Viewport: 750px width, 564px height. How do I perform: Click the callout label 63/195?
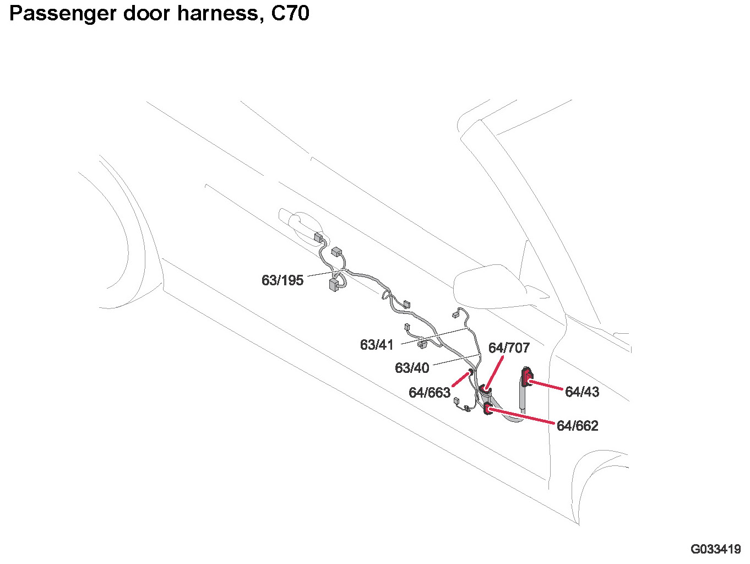(x=282, y=280)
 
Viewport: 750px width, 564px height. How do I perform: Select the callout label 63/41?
(x=377, y=345)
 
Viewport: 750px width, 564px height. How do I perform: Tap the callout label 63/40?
(x=412, y=367)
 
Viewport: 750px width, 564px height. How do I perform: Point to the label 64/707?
(x=509, y=348)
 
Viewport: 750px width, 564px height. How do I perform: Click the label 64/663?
(x=430, y=393)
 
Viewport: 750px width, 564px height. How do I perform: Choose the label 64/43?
(x=582, y=392)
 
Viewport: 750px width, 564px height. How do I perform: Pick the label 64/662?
(x=577, y=426)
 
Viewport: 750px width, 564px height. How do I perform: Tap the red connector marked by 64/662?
(x=487, y=409)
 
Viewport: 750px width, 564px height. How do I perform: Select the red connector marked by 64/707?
(x=486, y=391)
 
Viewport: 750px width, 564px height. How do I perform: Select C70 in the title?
(x=290, y=13)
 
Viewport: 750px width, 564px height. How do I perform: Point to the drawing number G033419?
(x=715, y=549)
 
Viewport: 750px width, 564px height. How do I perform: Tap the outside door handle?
(x=300, y=223)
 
